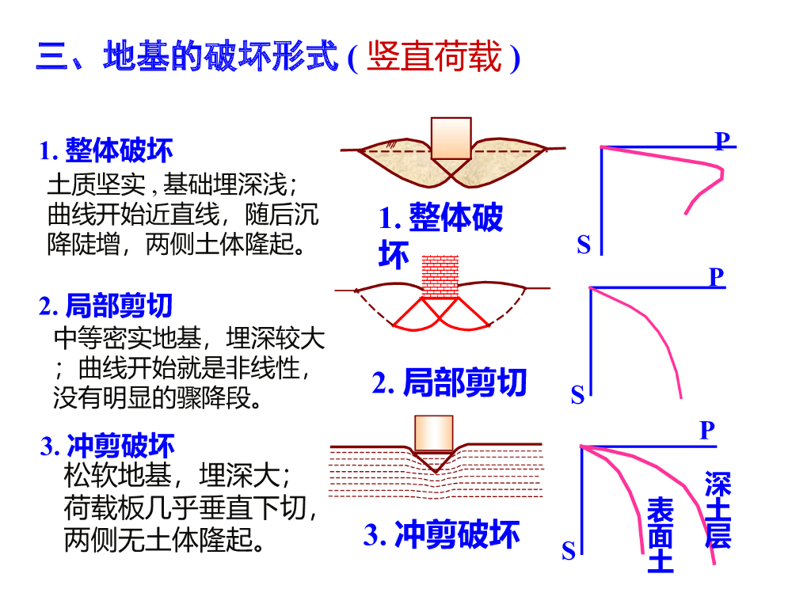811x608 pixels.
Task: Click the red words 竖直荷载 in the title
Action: coord(434,58)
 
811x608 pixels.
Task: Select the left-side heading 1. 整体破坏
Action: coord(107,150)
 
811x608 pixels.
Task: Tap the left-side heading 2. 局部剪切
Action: coord(106,306)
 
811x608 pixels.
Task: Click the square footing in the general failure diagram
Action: coord(451,138)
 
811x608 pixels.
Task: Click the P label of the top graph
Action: coord(722,141)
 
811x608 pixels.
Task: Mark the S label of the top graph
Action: coord(584,245)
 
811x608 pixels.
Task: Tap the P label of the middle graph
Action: coord(716,276)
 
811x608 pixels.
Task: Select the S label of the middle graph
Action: coord(577,395)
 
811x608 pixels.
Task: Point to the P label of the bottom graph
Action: coord(707,431)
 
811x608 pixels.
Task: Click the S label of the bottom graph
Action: coord(569,551)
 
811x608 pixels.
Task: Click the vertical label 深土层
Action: coord(718,510)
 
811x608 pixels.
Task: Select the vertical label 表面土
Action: coord(661,535)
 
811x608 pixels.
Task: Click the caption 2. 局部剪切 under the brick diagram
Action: coord(450,382)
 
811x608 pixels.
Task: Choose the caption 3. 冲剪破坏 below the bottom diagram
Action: coord(442,535)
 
